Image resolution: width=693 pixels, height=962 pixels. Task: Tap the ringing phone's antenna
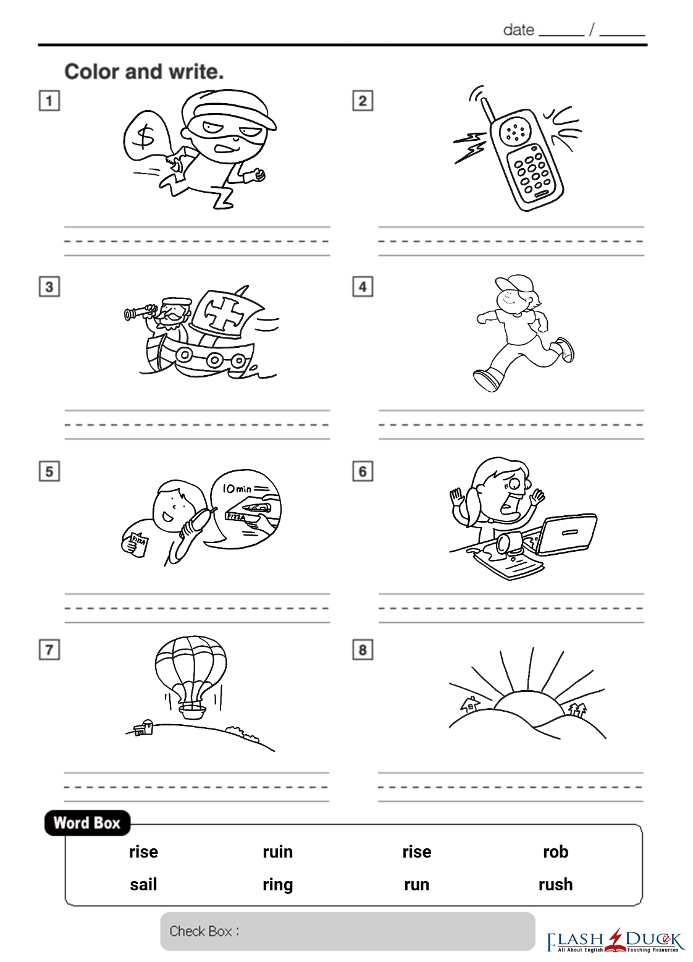(x=488, y=110)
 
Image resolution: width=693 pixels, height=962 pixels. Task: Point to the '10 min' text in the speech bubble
(x=237, y=489)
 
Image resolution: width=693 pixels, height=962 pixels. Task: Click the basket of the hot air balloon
(x=191, y=711)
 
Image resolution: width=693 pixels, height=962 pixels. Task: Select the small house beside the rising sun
(x=470, y=704)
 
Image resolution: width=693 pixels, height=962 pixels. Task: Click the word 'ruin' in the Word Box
(x=278, y=851)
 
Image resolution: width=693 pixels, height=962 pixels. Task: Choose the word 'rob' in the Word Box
(x=556, y=851)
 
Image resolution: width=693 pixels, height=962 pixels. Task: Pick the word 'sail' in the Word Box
(x=143, y=884)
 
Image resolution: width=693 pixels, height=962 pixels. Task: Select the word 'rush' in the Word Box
(x=556, y=884)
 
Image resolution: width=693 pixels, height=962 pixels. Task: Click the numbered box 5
(x=49, y=471)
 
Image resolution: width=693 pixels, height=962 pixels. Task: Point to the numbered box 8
(x=363, y=650)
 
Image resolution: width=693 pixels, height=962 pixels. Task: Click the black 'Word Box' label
(x=87, y=823)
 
